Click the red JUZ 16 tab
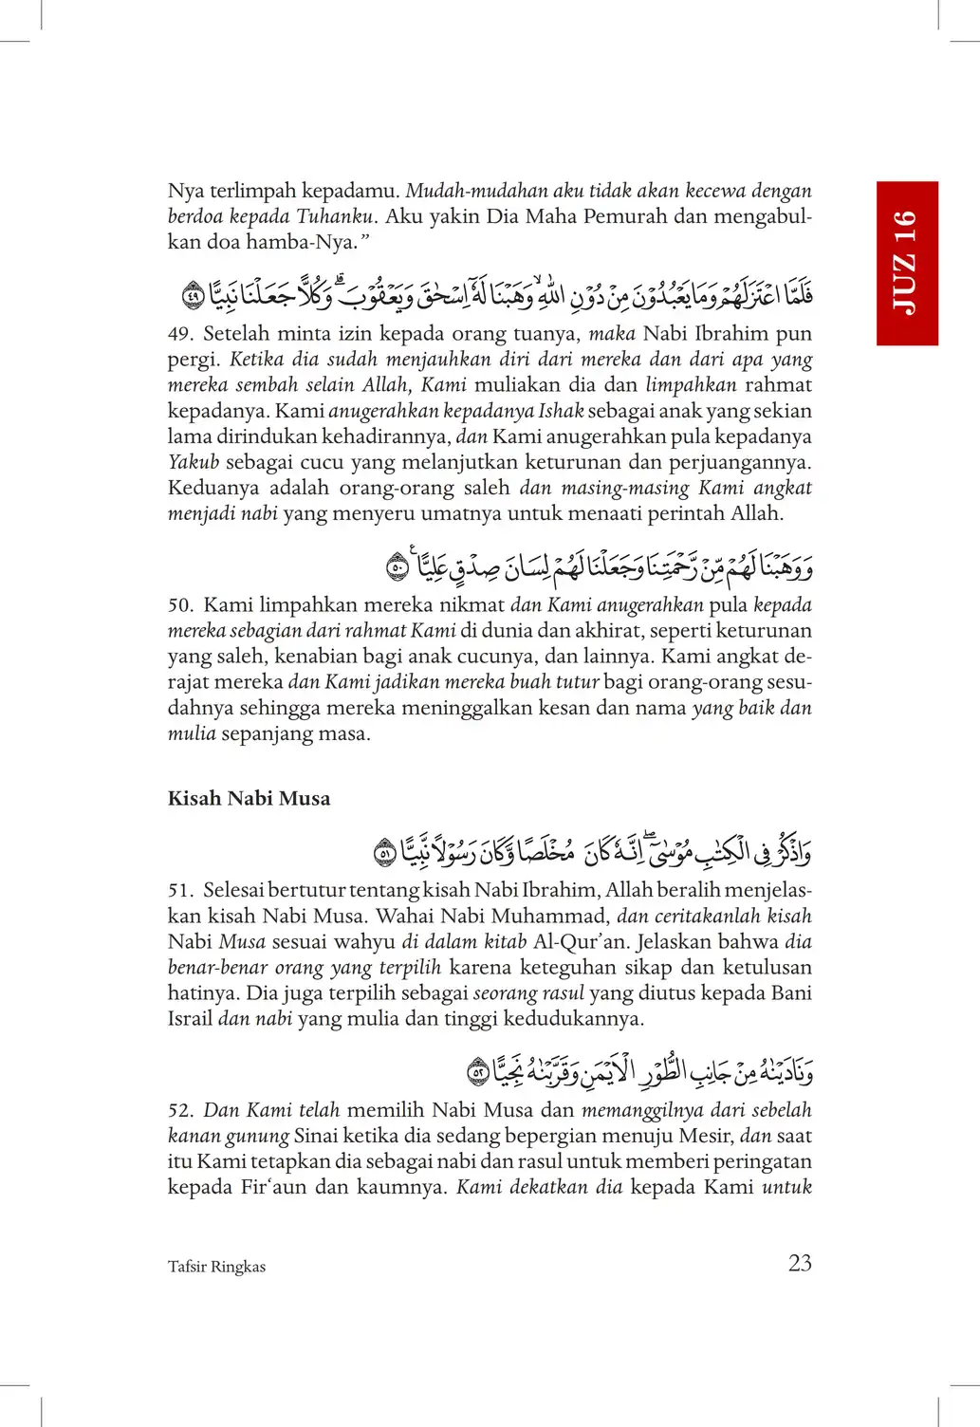pyautogui.click(x=907, y=263)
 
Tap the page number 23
pyautogui.click(x=800, y=1263)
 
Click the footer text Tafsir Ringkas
pyautogui.click(x=216, y=1267)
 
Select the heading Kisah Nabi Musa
pyautogui.click(x=249, y=799)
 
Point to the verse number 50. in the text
pyautogui.click(x=180, y=605)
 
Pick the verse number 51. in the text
pyautogui.click(x=180, y=891)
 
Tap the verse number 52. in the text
pyautogui.click(x=180, y=1111)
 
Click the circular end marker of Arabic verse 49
pyautogui.click(x=194, y=296)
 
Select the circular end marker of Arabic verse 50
pyautogui.click(x=398, y=568)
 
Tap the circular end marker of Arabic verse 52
pyautogui.click(x=478, y=1073)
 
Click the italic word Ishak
pyautogui.click(x=561, y=412)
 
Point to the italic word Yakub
pyautogui.click(x=194, y=463)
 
